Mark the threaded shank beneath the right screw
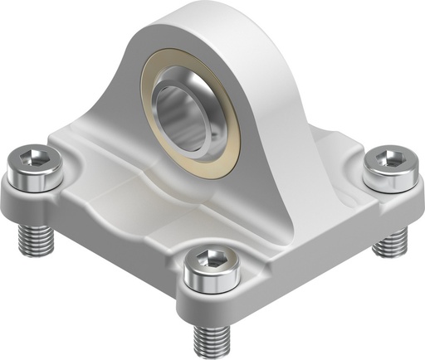390,241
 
